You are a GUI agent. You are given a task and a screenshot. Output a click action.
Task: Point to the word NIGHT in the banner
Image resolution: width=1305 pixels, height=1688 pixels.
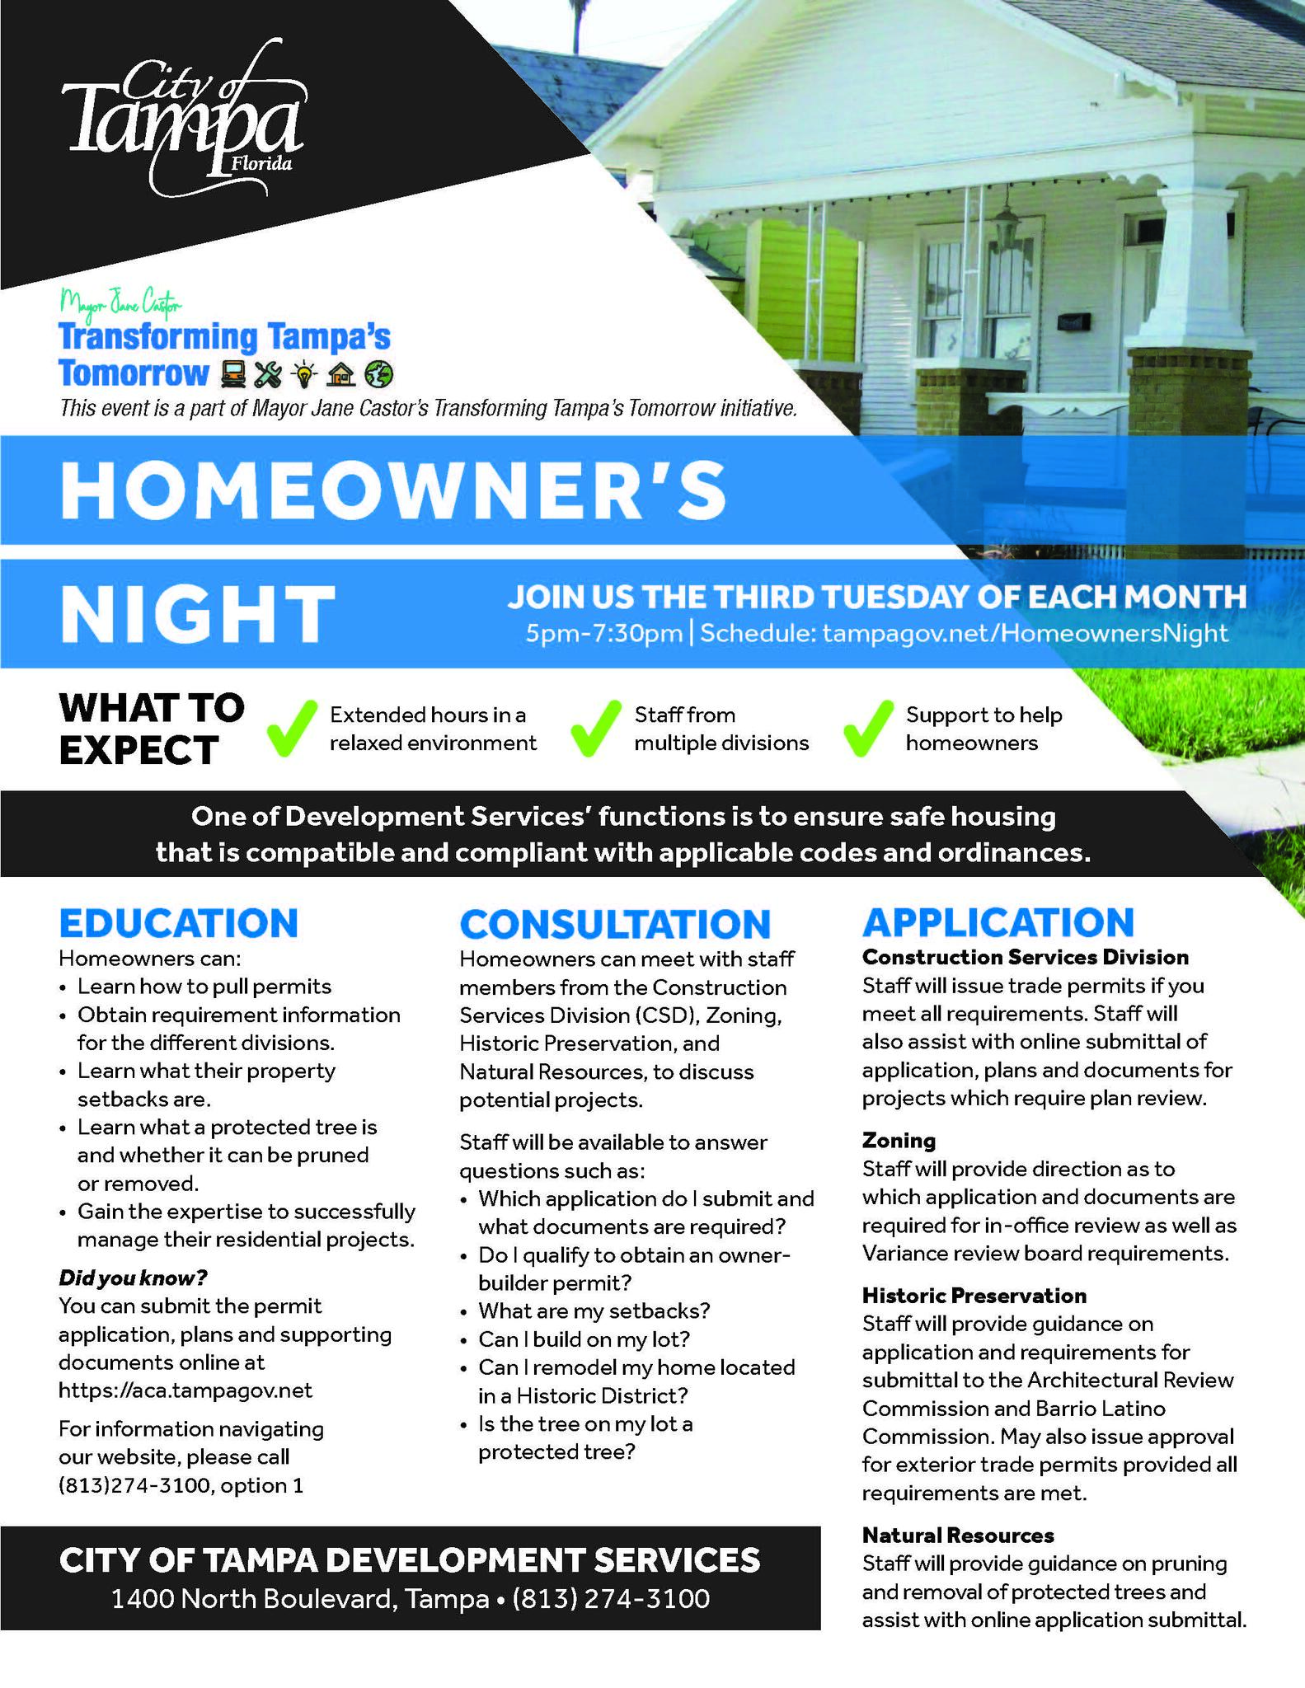[198, 614]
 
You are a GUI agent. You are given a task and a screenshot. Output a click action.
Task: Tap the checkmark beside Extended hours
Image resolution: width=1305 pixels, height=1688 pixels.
[292, 729]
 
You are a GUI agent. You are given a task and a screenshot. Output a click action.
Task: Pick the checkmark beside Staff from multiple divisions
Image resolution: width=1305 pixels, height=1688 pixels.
[595, 729]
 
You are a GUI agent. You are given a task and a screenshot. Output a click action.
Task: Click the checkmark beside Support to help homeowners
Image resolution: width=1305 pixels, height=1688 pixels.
[868, 729]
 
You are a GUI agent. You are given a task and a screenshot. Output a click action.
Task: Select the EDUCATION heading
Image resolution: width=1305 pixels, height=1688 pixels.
[178, 923]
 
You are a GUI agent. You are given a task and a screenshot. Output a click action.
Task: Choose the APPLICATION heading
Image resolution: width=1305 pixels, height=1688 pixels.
[998, 923]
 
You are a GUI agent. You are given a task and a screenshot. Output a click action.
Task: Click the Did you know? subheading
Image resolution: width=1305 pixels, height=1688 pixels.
[133, 1278]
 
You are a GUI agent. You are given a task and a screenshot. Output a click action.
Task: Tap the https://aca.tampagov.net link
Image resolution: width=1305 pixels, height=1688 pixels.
[185, 1390]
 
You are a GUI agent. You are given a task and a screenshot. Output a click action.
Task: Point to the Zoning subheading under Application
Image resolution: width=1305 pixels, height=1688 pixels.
[899, 1141]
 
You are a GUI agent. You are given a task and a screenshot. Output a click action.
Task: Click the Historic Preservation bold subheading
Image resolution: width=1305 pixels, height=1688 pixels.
[974, 1296]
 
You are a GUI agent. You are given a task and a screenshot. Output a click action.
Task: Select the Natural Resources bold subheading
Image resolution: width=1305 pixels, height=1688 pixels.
[958, 1535]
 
